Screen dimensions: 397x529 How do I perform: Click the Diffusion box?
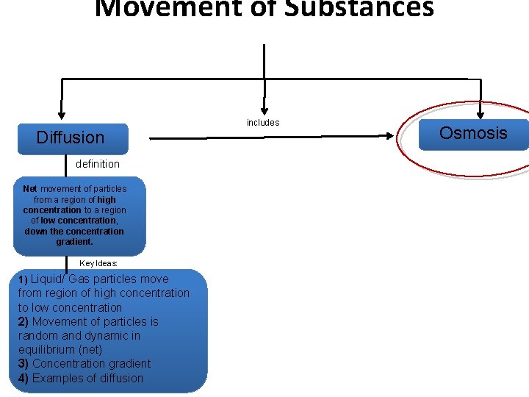(71, 137)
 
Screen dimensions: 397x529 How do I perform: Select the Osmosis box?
(473, 133)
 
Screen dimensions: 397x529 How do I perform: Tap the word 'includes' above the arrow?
(263, 123)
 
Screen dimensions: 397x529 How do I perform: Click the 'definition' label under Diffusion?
(97, 163)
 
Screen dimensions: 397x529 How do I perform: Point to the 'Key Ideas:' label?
(98, 262)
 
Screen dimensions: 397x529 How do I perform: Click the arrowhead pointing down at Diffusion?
(62, 114)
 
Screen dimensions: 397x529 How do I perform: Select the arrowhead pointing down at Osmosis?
(481, 114)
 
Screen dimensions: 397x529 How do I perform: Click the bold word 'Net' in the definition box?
(30, 189)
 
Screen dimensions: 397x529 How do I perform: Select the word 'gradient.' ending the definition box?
(74, 242)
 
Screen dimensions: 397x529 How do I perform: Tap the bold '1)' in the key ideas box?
(23, 280)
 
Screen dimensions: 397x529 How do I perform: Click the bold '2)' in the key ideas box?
(24, 322)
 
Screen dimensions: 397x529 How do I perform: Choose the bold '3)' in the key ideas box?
(24, 364)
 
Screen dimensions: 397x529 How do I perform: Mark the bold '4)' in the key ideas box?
(24, 378)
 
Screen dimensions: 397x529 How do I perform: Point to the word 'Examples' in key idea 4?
(60, 378)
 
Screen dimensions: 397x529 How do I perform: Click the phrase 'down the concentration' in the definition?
(74, 231)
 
